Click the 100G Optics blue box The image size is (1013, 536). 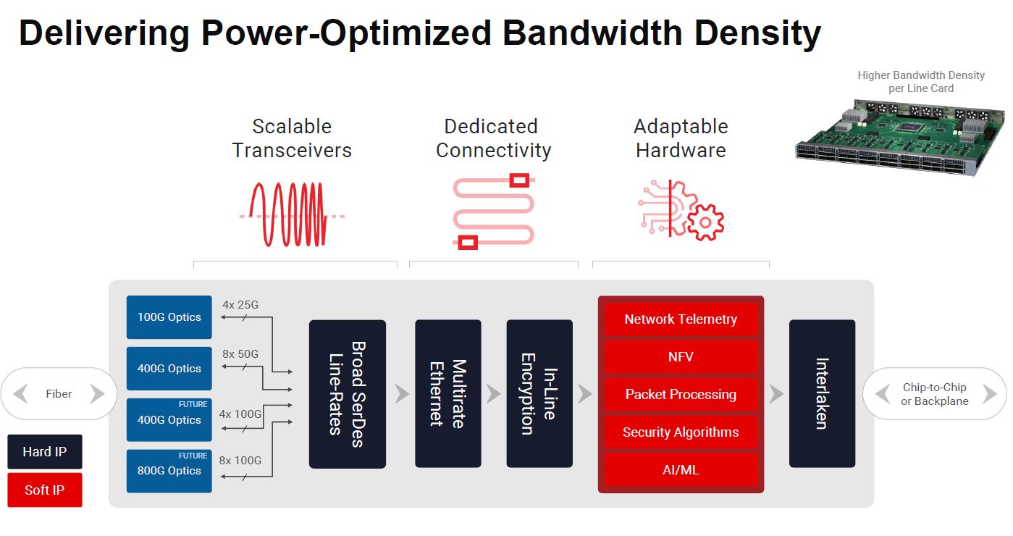(x=169, y=317)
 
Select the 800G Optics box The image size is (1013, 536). (x=169, y=471)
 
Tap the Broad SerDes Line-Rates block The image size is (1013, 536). (x=347, y=394)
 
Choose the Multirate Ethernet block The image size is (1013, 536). (x=447, y=394)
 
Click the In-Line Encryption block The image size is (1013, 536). (x=539, y=394)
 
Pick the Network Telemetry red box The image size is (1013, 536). (x=681, y=319)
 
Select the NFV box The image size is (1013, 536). (x=681, y=357)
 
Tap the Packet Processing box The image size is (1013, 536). (x=681, y=395)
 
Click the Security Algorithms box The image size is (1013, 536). (x=681, y=432)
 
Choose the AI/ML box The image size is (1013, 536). (x=681, y=470)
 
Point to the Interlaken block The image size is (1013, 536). (x=822, y=394)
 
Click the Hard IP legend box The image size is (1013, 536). (x=45, y=452)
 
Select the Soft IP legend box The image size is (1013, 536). (x=45, y=490)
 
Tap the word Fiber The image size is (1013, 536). (x=59, y=394)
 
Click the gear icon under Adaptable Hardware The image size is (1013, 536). (x=705, y=222)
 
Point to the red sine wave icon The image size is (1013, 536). (x=288, y=214)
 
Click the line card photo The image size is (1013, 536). (x=901, y=138)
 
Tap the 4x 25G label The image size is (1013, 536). (x=240, y=305)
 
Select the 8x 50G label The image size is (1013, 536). (x=240, y=354)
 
